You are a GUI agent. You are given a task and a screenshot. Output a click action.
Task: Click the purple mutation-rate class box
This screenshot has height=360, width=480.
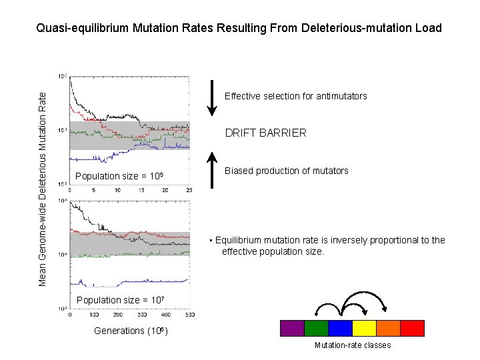click(x=292, y=328)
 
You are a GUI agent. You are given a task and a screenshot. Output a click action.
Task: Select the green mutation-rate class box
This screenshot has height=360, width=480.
click(x=316, y=328)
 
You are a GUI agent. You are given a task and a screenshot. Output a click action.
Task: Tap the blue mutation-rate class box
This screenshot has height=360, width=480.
click(x=340, y=328)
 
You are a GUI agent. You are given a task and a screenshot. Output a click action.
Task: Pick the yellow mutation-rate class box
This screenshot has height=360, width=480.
click(x=364, y=328)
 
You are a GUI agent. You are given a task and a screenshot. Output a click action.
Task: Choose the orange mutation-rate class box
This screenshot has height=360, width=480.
click(x=388, y=328)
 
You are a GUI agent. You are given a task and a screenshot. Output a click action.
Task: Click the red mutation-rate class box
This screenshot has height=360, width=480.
click(x=412, y=328)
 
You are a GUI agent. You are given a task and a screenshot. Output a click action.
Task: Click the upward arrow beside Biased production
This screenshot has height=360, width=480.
click(x=211, y=170)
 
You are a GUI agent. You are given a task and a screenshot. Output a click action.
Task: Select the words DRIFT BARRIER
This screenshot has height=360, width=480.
click(x=265, y=133)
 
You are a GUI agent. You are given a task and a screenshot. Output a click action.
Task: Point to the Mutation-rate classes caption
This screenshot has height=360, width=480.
click(x=352, y=345)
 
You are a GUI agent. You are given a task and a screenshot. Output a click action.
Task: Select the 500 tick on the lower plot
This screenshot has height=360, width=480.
click(x=190, y=315)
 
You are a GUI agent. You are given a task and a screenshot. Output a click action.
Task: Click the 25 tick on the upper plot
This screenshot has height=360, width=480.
click(x=189, y=191)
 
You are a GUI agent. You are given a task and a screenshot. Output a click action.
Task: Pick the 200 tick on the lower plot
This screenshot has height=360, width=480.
click(x=118, y=315)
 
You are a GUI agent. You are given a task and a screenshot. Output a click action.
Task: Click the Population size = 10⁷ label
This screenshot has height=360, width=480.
click(x=121, y=300)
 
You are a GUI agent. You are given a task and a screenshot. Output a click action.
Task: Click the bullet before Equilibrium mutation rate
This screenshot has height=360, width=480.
click(x=211, y=241)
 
